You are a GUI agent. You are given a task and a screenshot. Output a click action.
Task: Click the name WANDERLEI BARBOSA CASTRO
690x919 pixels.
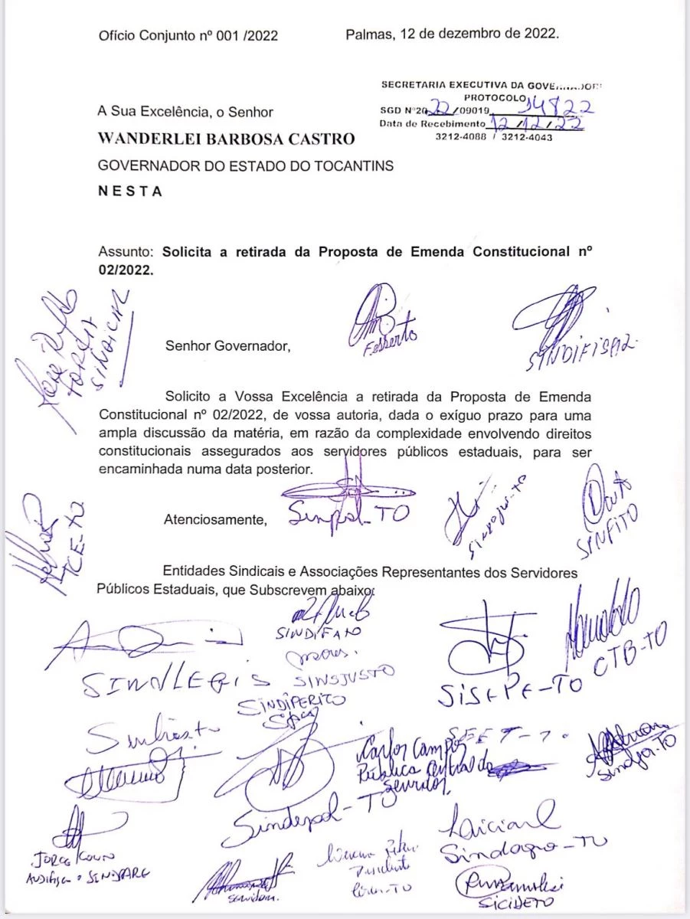pyautogui.click(x=227, y=139)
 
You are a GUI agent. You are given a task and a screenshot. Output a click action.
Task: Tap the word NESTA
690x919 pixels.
pyautogui.click(x=130, y=192)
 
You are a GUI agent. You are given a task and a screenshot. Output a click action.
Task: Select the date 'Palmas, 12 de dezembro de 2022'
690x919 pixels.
pyautogui.click(x=452, y=34)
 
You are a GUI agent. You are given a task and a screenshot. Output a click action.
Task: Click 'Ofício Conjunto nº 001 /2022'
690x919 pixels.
pyautogui.click(x=188, y=34)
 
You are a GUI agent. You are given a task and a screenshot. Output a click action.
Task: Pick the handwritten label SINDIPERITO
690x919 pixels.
pyautogui.click(x=291, y=703)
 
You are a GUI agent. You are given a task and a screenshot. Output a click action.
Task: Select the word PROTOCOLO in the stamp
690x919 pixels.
pyautogui.click(x=494, y=97)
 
